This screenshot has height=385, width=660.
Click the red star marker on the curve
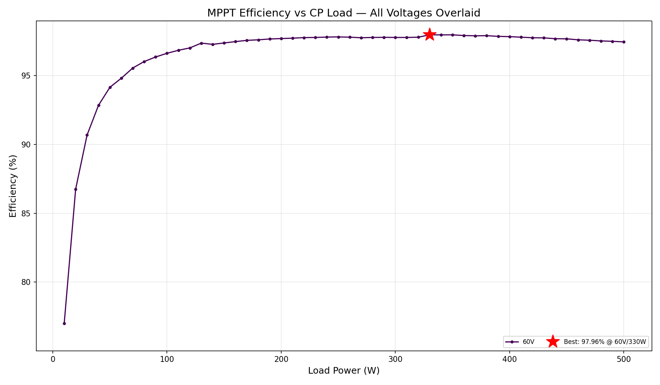click(x=429, y=34)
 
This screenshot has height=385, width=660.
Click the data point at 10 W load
click(x=64, y=323)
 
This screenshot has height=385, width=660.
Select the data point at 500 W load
click(x=624, y=42)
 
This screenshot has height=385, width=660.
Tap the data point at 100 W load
click(x=167, y=53)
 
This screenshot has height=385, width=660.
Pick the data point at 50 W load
click(x=110, y=87)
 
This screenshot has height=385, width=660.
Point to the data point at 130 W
click(x=201, y=43)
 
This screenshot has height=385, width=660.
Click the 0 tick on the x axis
click(x=53, y=359)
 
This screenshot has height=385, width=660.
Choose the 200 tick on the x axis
click(x=281, y=359)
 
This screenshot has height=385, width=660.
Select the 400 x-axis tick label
click(x=509, y=359)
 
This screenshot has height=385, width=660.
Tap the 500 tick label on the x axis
click(x=624, y=359)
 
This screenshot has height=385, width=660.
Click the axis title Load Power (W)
click(x=344, y=371)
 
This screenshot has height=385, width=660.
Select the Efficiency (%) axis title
click(x=13, y=186)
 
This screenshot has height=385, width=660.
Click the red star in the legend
click(x=553, y=342)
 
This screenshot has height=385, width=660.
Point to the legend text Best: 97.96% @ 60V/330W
click(x=605, y=342)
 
